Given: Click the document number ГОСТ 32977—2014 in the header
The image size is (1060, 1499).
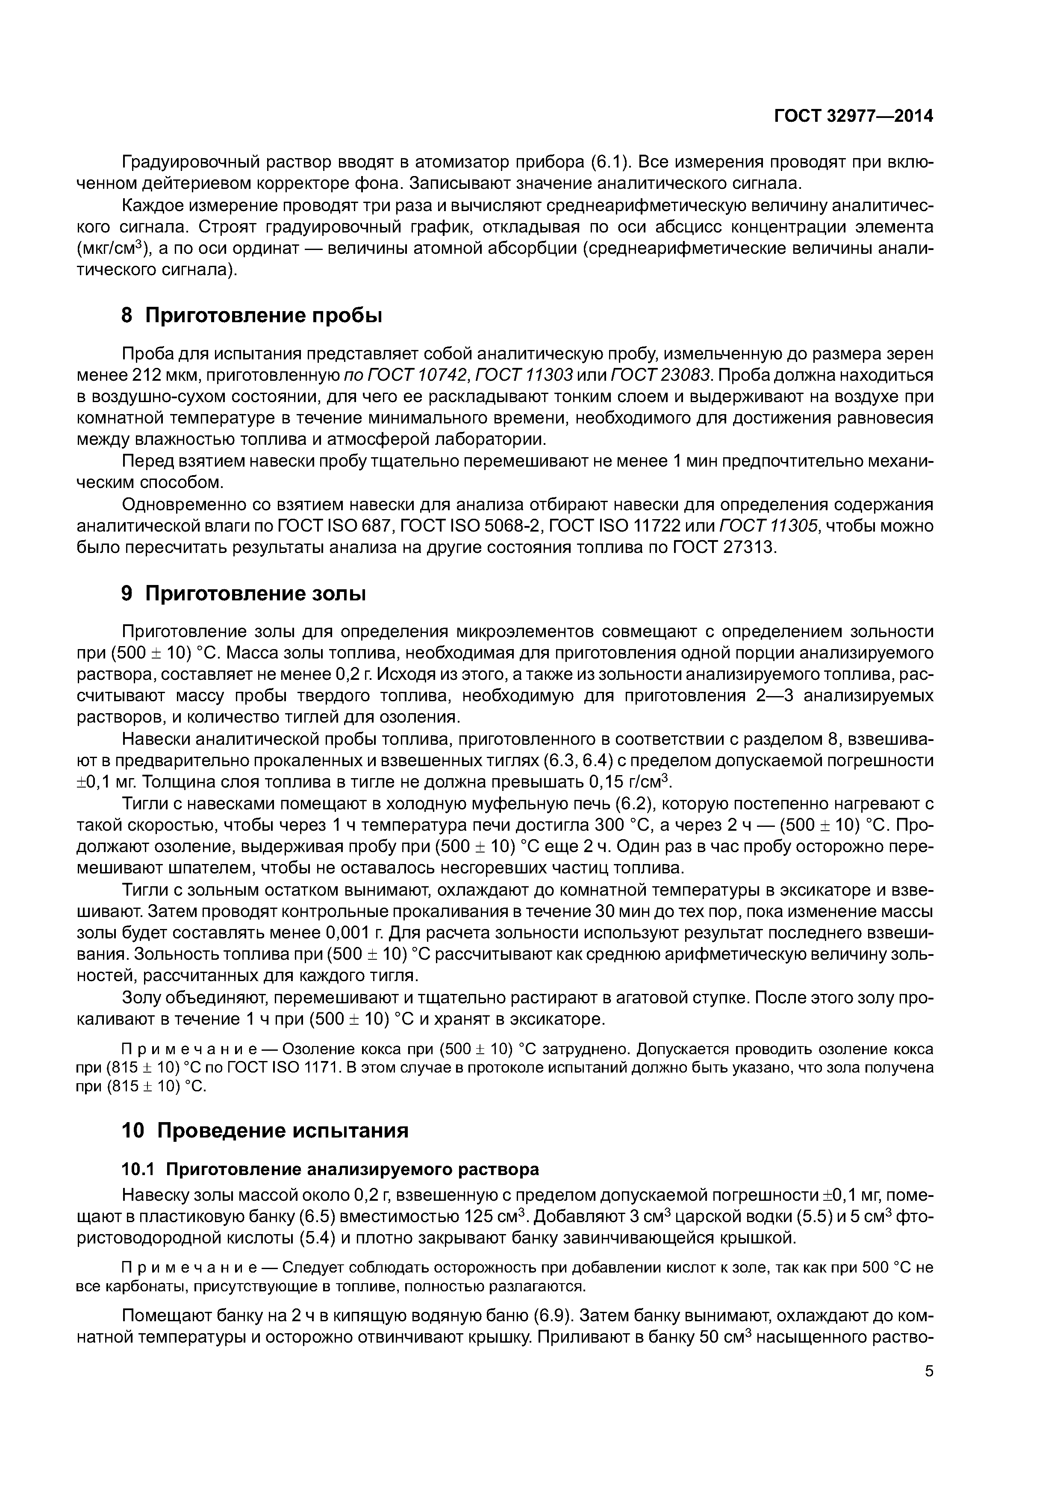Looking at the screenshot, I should click(x=853, y=116).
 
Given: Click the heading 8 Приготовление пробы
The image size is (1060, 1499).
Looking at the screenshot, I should click(x=251, y=316).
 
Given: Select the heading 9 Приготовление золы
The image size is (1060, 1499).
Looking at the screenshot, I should click(x=244, y=594).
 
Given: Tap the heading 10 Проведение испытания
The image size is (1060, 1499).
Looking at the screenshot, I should click(x=265, y=1131).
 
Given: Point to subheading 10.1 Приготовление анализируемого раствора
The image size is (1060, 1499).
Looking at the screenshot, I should click(x=330, y=1169).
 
